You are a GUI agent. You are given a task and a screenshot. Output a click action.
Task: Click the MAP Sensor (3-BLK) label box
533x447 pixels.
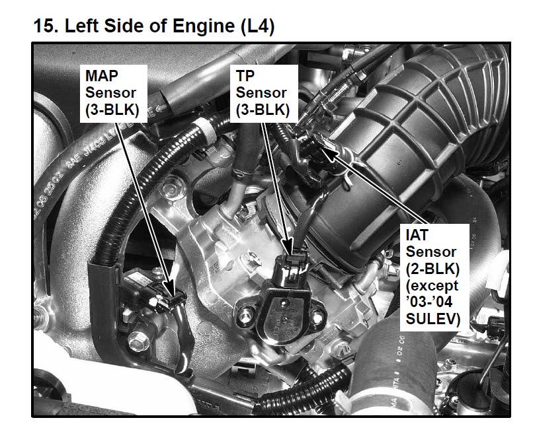click(114, 93)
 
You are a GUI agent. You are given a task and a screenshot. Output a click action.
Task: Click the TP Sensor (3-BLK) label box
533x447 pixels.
click(264, 93)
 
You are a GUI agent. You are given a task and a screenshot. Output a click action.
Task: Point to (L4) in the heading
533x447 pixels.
click(257, 26)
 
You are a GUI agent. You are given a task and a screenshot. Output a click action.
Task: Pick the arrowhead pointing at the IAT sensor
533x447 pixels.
click(329, 151)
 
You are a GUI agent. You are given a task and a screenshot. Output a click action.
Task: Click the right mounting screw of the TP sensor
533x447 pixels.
click(317, 318)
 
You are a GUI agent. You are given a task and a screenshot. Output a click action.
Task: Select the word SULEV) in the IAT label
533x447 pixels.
click(433, 319)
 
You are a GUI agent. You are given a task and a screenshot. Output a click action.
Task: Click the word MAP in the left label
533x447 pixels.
click(102, 76)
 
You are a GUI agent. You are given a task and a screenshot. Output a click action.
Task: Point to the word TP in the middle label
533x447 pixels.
click(245, 76)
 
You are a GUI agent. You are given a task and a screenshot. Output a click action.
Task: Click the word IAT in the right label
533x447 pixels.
click(417, 235)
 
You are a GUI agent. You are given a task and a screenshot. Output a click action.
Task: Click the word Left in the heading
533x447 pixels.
click(81, 26)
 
